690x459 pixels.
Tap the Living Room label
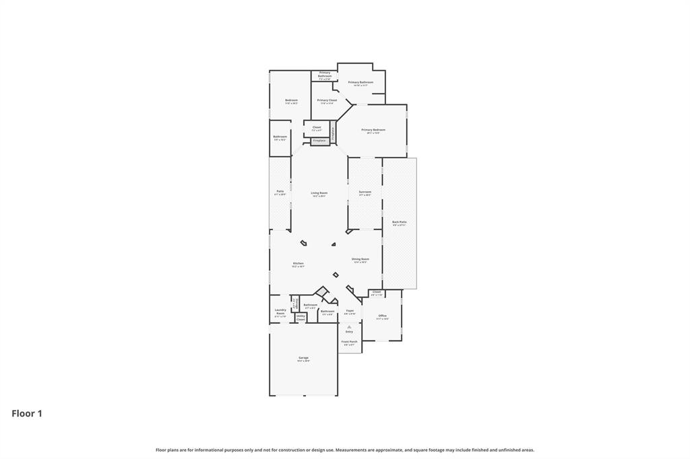coord(319,194)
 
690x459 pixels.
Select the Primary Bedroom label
coord(373,131)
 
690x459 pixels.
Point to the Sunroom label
coord(365,193)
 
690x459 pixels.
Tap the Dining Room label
coord(360,260)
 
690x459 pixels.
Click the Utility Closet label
coord(301,318)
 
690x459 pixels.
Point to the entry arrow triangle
coord(349,327)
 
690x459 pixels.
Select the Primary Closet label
coord(327,101)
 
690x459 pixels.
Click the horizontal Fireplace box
coord(319,141)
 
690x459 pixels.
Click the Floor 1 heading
coord(27,414)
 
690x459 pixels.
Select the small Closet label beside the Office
coord(376,293)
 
